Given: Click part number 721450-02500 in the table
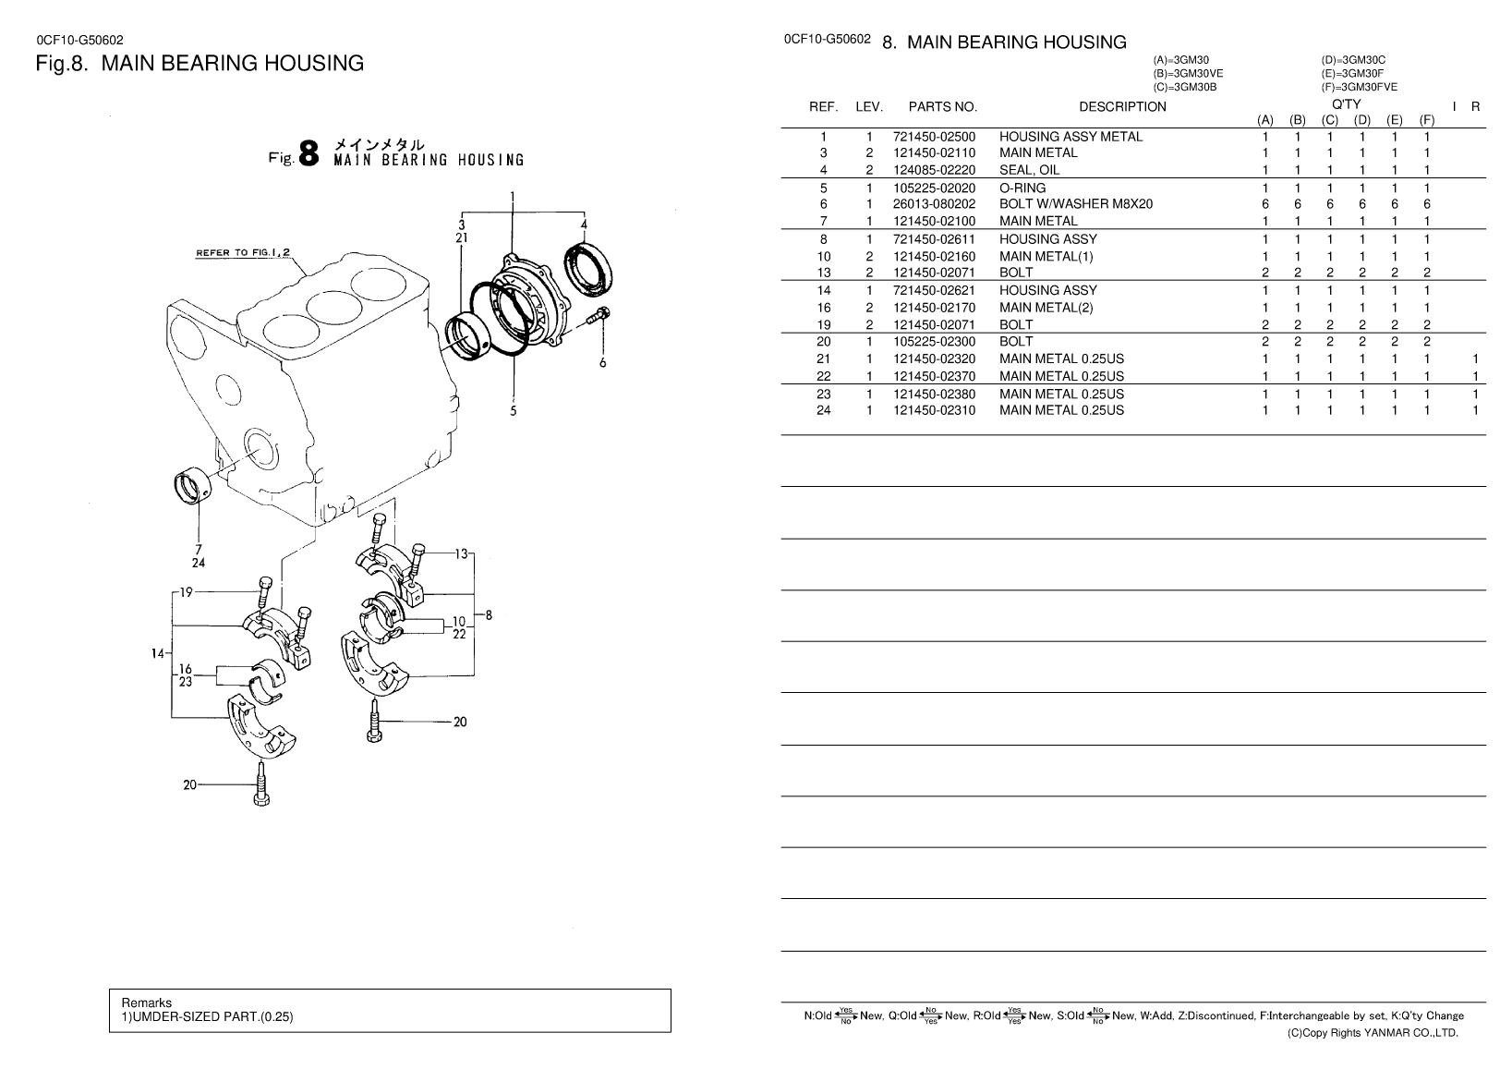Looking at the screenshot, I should point(934,137).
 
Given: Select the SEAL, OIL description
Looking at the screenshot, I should point(1029,170).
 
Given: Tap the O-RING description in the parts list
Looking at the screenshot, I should point(1022,188).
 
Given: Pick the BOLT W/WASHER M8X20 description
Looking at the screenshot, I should point(1075,204).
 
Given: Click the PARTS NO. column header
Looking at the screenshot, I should point(942,107).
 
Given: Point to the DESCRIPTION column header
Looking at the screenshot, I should point(1122,107).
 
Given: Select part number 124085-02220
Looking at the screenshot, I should point(934,170).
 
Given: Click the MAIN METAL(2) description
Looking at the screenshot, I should point(1046,308).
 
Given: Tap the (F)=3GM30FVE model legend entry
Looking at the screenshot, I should point(1359,88).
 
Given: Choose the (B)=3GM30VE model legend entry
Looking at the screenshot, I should point(1188,74).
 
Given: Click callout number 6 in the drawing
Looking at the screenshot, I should point(602,363).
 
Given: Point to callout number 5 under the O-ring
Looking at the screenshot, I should point(513,411).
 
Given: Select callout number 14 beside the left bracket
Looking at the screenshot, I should point(158,654).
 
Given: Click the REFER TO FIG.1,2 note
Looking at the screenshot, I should point(243,253).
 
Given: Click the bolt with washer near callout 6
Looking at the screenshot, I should point(598,316).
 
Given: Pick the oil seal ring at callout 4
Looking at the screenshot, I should point(587,268).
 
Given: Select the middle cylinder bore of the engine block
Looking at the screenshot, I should point(333,308).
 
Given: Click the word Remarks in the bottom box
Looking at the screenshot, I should point(146,1002).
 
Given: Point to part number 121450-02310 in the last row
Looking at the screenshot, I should point(934,411).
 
